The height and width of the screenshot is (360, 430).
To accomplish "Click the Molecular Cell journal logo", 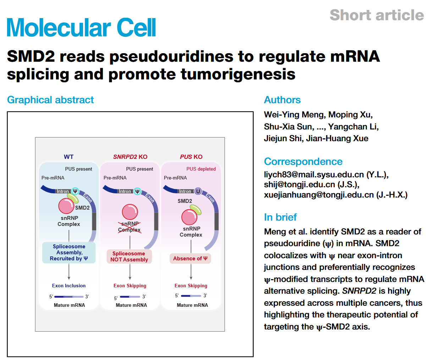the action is [81, 27].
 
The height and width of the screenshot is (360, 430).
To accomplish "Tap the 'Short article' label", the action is [376, 15].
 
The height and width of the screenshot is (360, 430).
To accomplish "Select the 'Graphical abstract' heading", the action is [50, 100].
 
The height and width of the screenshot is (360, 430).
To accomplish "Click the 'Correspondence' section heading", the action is [303, 161].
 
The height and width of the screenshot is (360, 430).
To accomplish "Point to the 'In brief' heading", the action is [280, 217].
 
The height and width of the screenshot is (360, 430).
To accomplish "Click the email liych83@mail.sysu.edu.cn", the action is [314, 175].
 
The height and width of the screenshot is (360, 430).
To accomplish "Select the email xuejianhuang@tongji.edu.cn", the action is [319, 195].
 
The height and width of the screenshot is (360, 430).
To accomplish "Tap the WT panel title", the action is [68, 157].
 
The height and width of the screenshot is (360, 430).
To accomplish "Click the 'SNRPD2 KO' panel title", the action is [130, 157].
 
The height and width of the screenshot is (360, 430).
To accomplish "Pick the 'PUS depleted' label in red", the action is [201, 169].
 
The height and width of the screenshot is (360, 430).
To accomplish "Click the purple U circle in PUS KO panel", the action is [198, 191].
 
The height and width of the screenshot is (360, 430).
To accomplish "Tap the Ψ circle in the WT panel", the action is [75, 191].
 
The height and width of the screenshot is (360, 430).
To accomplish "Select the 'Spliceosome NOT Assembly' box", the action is [129, 256].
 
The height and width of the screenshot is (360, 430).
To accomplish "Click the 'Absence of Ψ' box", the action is [190, 259].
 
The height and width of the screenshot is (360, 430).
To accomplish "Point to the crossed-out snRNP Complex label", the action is [129, 227].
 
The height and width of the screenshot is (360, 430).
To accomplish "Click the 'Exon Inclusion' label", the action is [68, 286].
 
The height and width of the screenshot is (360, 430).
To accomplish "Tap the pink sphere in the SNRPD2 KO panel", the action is [130, 212].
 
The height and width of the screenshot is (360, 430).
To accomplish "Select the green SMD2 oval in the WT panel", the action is [73, 198].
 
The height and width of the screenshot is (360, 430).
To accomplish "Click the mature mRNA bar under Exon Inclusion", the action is [68, 297].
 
